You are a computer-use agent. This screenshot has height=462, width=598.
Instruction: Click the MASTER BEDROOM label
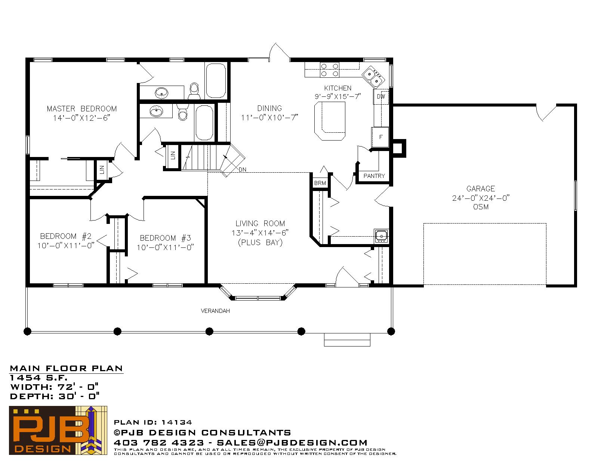[82, 109]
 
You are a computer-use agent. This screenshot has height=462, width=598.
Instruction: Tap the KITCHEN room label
[337, 88]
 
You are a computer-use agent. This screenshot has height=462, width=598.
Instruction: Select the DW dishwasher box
[381, 96]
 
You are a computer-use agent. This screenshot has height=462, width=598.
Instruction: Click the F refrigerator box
[380, 137]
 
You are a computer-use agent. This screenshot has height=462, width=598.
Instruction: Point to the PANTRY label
[374, 176]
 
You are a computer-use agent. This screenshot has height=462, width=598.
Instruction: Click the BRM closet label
[320, 183]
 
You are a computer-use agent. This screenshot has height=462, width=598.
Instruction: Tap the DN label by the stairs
[243, 169]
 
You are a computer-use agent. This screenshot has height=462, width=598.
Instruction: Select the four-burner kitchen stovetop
[329, 70]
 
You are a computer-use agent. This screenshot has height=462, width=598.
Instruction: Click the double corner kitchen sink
[373, 77]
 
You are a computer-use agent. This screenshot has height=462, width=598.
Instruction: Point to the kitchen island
[330, 121]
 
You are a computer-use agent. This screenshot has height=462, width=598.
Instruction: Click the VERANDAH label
[215, 311]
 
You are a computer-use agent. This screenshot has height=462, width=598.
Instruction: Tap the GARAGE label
[481, 189]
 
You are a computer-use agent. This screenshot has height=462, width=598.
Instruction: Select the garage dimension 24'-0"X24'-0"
[481, 198]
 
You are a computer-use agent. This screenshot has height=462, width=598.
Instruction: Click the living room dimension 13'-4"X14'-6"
[260, 233]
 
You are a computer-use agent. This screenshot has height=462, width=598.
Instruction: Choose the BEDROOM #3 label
[166, 238]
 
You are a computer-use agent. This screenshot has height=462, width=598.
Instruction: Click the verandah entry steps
[347, 340]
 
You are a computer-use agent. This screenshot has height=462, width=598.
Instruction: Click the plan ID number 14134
[177, 422]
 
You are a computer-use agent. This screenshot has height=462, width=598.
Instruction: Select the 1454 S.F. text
[38, 378]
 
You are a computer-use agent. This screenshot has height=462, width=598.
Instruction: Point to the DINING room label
[269, 108]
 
